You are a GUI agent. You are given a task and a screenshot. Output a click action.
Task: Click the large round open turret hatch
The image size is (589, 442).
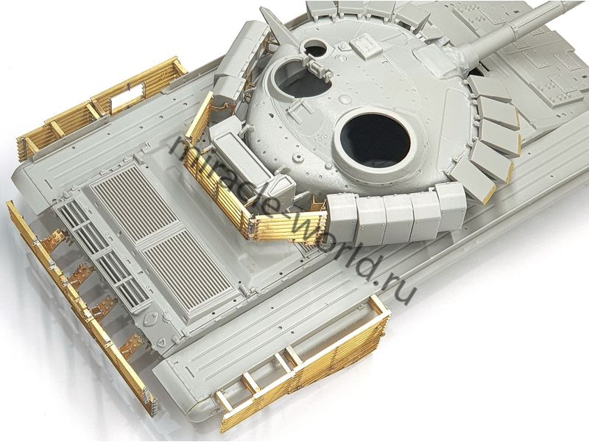pyautogui.click(x=375, y=140)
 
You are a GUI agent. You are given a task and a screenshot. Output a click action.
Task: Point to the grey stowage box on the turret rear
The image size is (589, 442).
pyautogui.click(x=241, y=151)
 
